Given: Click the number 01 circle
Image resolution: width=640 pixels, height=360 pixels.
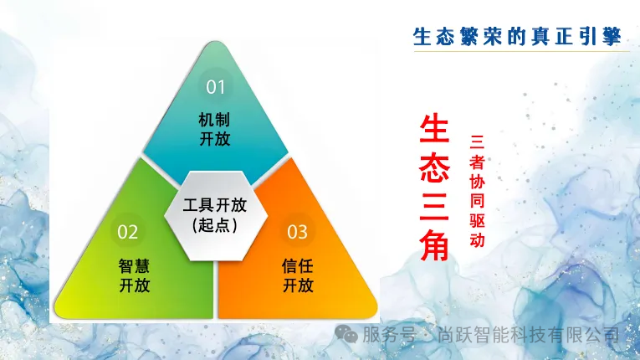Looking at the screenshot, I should (216, 86).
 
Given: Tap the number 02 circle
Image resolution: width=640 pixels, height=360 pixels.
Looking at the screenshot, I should (128, 231).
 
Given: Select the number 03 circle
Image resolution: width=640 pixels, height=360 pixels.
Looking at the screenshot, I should (298, 231).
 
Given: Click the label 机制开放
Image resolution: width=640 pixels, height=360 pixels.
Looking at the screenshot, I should (215, 128).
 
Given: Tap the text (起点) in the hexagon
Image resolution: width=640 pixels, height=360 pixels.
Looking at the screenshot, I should (216, 225).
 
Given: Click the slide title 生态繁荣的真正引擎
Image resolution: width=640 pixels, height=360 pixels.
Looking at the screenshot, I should (518, 36).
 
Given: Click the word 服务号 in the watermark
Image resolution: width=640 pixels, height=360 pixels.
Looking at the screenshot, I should (388, 335).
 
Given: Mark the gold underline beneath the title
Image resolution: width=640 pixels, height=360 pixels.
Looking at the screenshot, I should (518, 51).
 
